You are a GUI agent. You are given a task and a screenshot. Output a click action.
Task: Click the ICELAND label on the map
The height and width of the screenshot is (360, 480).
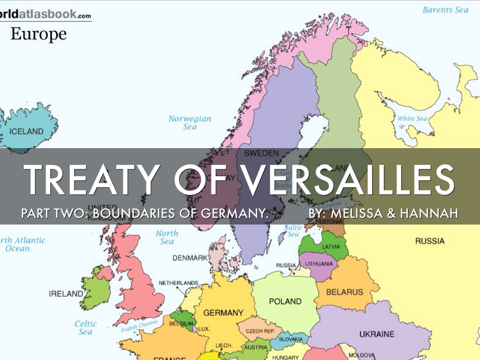tap(26, 131)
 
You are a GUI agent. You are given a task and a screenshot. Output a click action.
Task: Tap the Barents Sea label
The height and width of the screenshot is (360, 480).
tap(445, 10)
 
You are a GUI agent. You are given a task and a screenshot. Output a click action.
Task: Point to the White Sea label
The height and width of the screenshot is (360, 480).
tap(412, 119)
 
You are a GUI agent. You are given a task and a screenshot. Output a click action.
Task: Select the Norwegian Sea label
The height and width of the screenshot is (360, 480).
tap(190, 123)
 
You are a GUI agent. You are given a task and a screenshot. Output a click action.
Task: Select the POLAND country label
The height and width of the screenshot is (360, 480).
tap(285, 301)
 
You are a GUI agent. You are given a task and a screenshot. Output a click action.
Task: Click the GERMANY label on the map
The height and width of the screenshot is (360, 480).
tap(223, 313)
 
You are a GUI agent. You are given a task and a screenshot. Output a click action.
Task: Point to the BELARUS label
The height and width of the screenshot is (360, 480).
tap(345, 292)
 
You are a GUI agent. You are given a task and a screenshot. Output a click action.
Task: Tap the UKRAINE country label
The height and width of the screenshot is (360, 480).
tap(377, 334)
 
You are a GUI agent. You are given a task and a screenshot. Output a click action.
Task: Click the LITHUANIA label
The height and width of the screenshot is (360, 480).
tap(319, 264)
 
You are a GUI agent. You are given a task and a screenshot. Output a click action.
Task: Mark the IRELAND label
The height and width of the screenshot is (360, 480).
tap(66, 294)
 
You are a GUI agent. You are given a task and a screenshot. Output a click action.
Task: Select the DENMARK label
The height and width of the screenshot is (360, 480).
tap(190, 258)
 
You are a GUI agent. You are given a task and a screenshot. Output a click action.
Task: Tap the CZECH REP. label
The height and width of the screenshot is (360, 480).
tap(260, 331)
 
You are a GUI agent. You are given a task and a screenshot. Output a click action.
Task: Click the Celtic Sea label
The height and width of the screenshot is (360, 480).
tap(85, 328)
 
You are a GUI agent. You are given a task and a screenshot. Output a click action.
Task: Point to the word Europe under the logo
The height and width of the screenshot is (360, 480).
tap(38, 34)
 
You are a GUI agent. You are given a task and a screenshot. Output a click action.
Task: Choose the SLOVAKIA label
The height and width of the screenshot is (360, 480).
tap(291, 339)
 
